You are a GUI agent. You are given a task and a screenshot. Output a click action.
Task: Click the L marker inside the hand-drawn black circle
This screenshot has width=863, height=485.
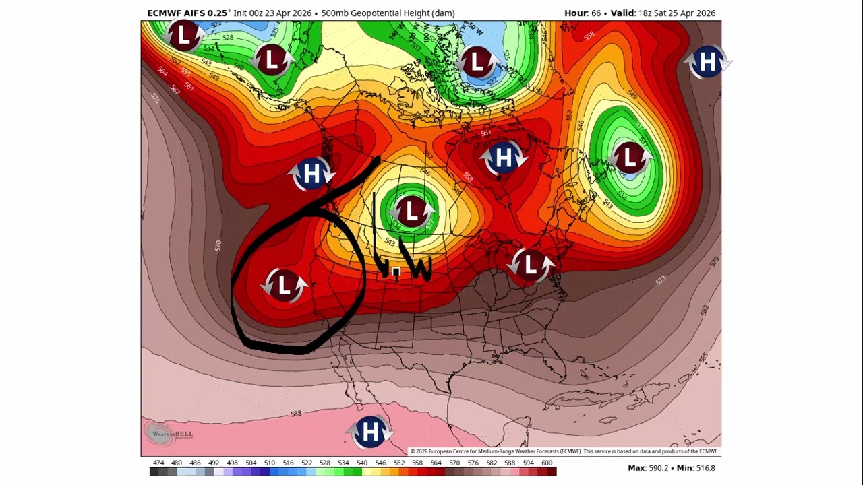pyautogui.click(x=284, y=286)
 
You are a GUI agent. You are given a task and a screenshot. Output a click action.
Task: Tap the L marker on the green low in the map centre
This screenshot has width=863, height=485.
pyautogui.click(x=411, y=212)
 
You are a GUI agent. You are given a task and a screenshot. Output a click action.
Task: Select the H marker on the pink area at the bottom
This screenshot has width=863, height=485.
pyautogui.click(x=369, y=431)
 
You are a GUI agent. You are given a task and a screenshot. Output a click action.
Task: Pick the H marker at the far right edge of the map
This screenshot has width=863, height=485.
pyautogui.click(x=707, y=63)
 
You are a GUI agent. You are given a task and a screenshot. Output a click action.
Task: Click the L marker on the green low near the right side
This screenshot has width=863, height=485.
pyautogui.click(x=628, y=158)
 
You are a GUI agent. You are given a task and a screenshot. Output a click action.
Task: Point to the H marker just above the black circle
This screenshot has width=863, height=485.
pyautogui.click(x=311, y=174)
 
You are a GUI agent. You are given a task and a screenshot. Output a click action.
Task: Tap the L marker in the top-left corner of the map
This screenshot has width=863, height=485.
pyautogui.click(x=183, y=36)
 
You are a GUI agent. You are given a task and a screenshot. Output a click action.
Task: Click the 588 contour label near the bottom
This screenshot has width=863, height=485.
pyautogui.click(x=296, y=413)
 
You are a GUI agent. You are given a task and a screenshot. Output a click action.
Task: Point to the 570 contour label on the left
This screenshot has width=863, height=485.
pyautogui.click(x=218, y=246)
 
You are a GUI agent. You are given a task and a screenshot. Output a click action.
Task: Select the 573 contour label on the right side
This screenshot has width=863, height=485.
pyautogui.click(x=660, y=280)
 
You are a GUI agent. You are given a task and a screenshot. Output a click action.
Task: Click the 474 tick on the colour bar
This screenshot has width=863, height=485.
pyautogui.click(x=158, y=463)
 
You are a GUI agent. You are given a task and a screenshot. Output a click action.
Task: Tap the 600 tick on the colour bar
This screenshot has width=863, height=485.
pyautogui.click(x=547, y=463)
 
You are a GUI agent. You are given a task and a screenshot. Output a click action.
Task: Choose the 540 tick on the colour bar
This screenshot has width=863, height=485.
pyautogui.click(x=362, y=463)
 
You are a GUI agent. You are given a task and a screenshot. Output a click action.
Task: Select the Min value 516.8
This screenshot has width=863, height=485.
pyautogui.click(x=705, y=468)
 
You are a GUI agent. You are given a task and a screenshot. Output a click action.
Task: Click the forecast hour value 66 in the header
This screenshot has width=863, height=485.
pyautogui.click(x=595, y=13)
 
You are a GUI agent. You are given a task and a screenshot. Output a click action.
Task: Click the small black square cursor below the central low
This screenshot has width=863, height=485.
pyautogui.click(x=396, y=272)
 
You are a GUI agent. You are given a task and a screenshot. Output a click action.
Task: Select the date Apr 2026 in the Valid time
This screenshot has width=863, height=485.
pyautogui.click(x=695, y=13)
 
